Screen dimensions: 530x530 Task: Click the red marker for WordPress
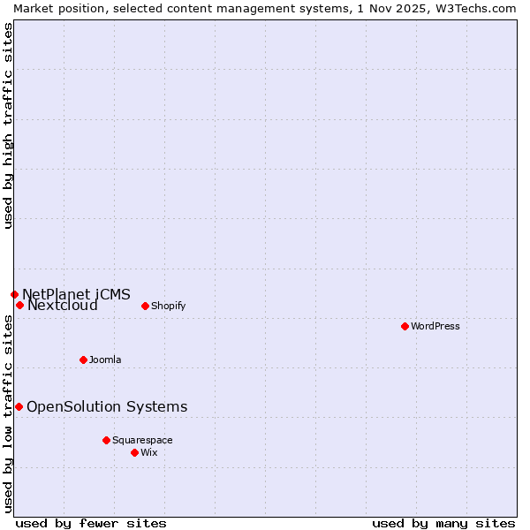point(405,326)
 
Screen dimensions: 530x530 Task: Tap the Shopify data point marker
point(145,306)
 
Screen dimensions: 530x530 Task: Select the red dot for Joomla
point(83,360)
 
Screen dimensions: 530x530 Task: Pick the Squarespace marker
point(106,440)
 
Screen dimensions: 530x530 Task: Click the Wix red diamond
point(134,452)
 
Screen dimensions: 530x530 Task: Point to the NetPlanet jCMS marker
point(14,294)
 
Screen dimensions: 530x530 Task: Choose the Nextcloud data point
point(19,305)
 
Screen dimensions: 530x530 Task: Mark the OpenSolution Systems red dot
point(19,406)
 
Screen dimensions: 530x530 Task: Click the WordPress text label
point(435,326)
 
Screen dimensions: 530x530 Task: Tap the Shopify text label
point(168,306)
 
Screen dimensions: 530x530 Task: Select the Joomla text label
point(105,360)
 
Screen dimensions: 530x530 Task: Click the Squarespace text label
point(142,440)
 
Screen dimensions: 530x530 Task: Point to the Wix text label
point(148,452)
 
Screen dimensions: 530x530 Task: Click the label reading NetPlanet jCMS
point(76,294)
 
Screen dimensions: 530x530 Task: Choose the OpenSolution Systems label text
point(107,406)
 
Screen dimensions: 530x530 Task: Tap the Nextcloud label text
point(63,306)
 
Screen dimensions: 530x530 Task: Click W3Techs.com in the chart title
point(479,8)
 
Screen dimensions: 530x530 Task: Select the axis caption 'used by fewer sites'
point(91,523)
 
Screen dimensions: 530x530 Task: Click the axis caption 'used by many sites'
point(443,523)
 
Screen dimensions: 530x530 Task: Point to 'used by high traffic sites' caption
point(8,125)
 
